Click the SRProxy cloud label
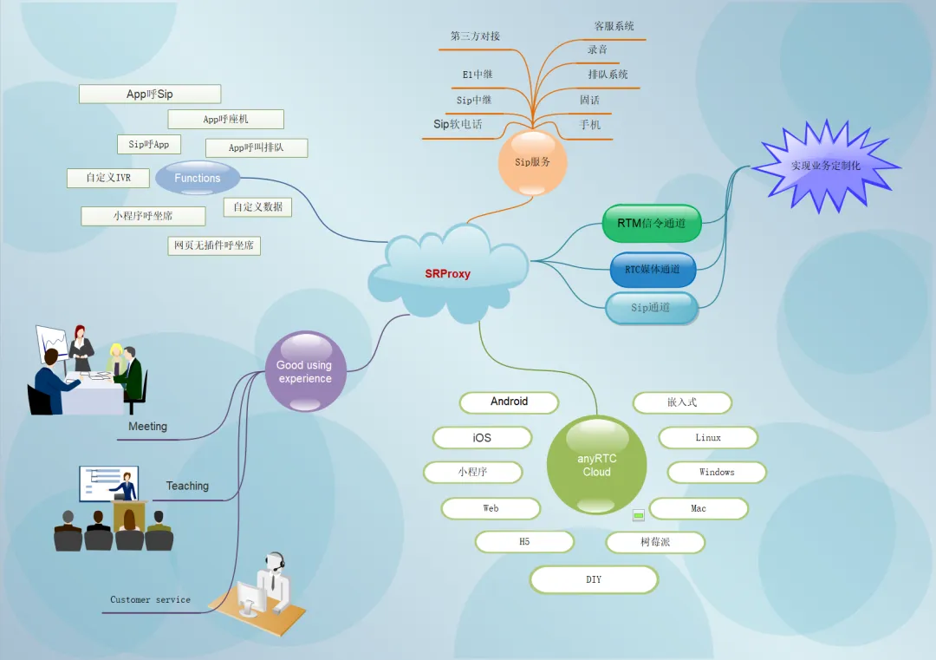(448, 273)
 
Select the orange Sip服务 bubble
(532, 162)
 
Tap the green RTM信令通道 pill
(651, 224)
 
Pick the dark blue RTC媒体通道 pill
(653, 270)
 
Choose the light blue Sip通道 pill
(651, 308)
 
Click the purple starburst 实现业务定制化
(826, 166)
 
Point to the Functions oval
(198, 178)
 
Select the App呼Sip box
(150, 94)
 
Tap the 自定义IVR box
(108, 178)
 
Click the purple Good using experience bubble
(305, 371)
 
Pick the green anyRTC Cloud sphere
(596, 465)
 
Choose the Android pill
(510, 402)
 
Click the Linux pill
(709, 438)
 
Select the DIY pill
(594, 579)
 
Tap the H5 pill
(524, 542)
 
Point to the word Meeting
(147, 427)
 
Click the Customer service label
(151, 599)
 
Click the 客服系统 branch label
(614, 26)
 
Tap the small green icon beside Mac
(639, 515)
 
